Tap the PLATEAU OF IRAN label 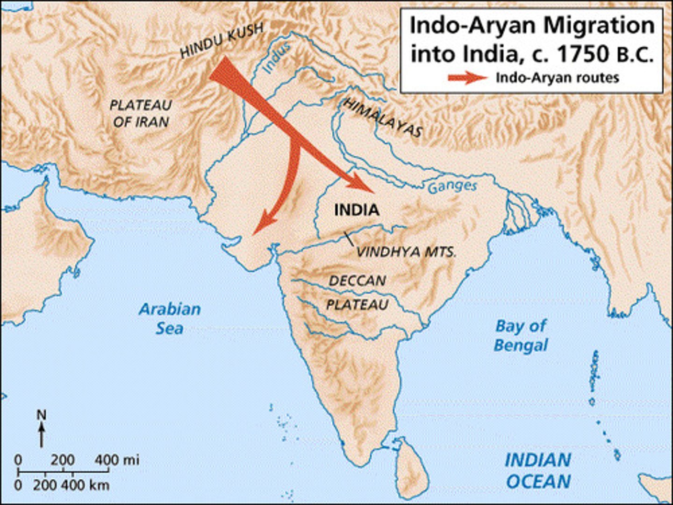141,114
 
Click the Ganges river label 452,186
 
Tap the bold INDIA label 357,210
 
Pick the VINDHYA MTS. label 406,252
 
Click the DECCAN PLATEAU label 358,293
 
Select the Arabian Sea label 170,318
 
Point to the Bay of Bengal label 521,336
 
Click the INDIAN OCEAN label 538,470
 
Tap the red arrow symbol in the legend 467,78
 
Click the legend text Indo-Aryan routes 557,78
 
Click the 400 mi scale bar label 117,460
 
